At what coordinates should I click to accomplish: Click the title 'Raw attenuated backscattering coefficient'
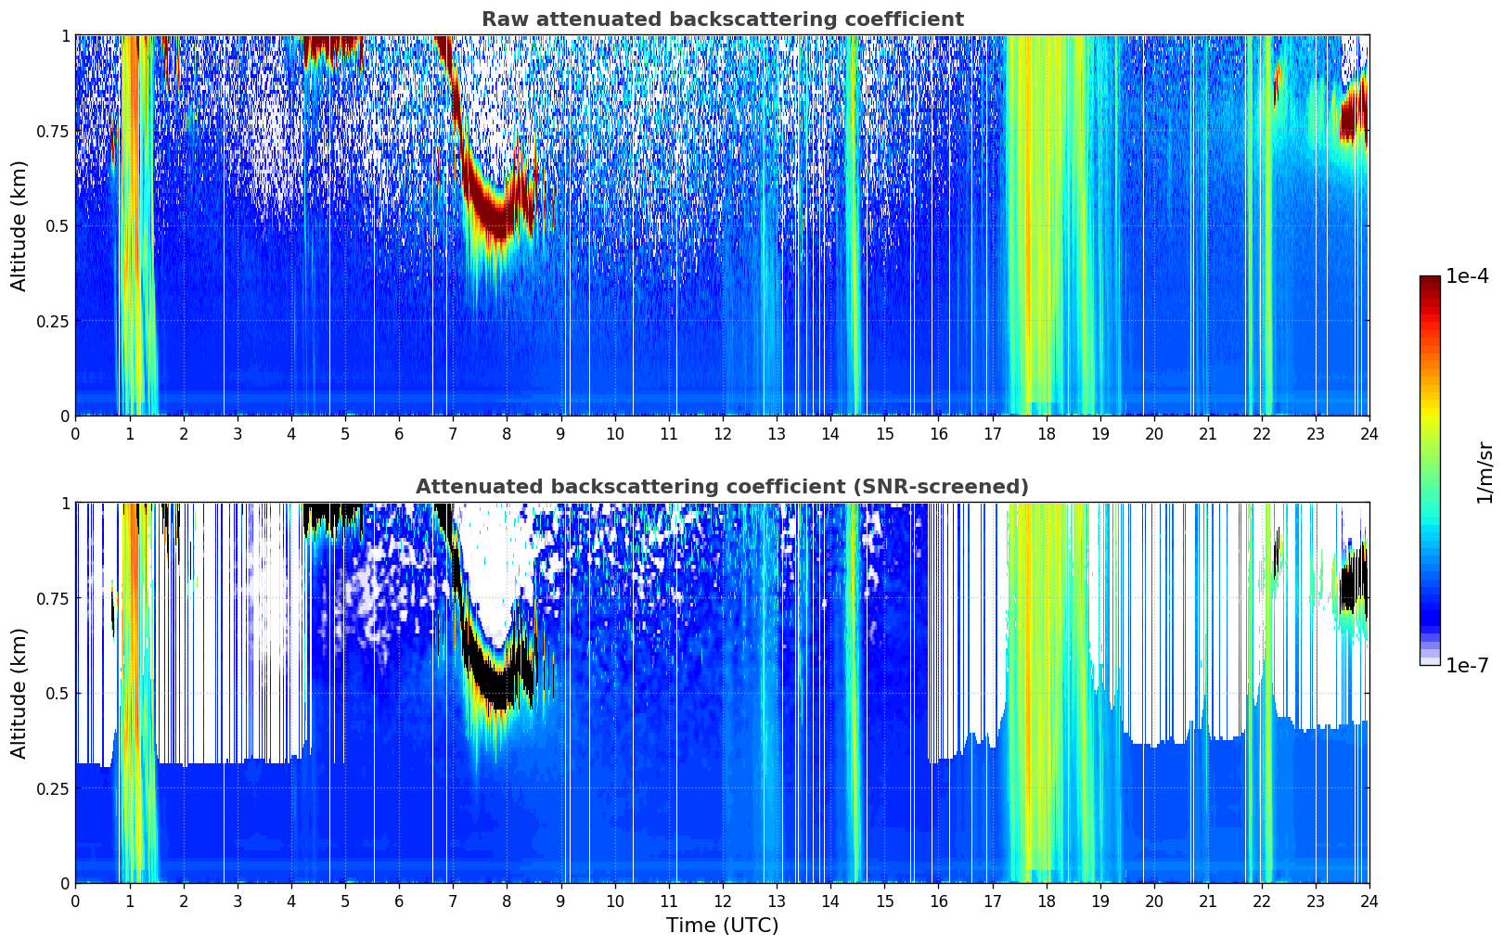722,19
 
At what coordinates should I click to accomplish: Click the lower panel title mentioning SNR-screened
722,487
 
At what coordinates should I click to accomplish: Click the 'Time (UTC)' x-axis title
722,926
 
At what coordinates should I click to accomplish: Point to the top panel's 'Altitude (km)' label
19,225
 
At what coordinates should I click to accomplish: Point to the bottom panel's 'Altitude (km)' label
19,693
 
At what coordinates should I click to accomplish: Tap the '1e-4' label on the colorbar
1467,276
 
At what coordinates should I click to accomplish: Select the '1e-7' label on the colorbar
1467,666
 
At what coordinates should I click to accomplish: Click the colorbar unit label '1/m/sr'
1485,472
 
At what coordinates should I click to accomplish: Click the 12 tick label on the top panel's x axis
722,434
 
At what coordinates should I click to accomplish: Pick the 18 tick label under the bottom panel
1046,901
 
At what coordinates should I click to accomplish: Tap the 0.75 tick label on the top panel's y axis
54,131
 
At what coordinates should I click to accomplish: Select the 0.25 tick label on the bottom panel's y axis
54,788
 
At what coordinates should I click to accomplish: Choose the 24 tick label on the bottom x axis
1369,901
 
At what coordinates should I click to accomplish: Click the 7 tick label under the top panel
453,434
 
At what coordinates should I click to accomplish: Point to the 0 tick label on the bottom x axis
75,901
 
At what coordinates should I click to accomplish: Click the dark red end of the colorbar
1429,283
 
